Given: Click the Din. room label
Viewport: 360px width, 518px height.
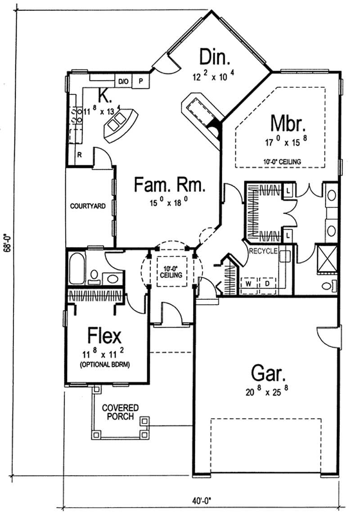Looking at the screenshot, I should [215, 58].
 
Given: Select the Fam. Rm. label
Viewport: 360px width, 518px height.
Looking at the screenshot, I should [170, 184].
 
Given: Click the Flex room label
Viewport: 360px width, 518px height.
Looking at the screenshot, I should [104, 336].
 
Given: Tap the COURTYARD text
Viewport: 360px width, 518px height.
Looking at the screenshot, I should [88, 206].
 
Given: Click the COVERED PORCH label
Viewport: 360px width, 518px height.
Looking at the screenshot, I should [120, 412].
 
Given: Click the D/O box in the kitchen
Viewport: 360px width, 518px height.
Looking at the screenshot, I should [123, 81].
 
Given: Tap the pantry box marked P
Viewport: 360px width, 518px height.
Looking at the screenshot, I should [141, 81].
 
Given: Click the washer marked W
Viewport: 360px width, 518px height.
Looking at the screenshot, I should [248, 284].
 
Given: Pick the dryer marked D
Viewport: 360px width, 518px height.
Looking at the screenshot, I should [266, 284].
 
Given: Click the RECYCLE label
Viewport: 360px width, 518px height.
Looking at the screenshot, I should [263, 251].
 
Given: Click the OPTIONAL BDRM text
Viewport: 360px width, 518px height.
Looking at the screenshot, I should [105, 365].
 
